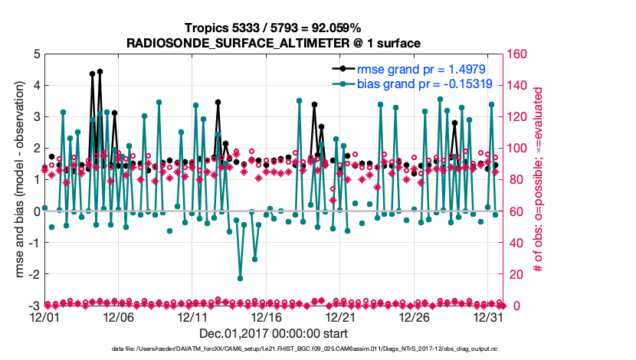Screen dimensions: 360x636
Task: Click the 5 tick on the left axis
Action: pos(35,54)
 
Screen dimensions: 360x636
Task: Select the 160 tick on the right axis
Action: pos(517,54)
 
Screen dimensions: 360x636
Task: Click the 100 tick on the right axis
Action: pos(517,149)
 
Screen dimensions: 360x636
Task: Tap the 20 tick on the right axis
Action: pos(514,274)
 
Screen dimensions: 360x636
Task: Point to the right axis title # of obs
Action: pos(537,180)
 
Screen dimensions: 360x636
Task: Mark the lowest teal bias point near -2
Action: pos(240,278)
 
